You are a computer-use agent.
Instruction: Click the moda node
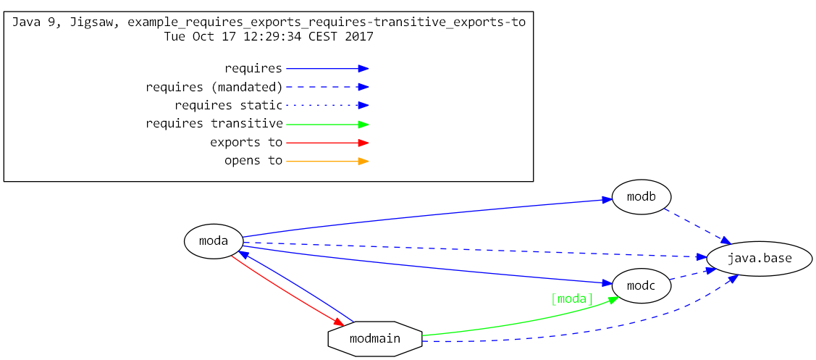coord(214,241)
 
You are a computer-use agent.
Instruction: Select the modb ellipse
coord(641,196)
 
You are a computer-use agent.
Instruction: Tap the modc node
coord(641,286)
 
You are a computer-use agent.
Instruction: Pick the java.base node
coord(759,258)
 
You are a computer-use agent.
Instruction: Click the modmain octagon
coord(374,338)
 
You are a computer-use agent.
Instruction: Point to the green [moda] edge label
coord(572,298)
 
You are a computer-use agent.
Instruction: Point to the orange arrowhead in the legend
coord(363,161)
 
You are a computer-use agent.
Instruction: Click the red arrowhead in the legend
coord(363,143)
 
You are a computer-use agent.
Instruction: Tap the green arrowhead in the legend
coord(363,124)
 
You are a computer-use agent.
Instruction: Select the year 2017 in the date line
coord(359,36)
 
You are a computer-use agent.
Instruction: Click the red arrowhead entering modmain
coord(338,322)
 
